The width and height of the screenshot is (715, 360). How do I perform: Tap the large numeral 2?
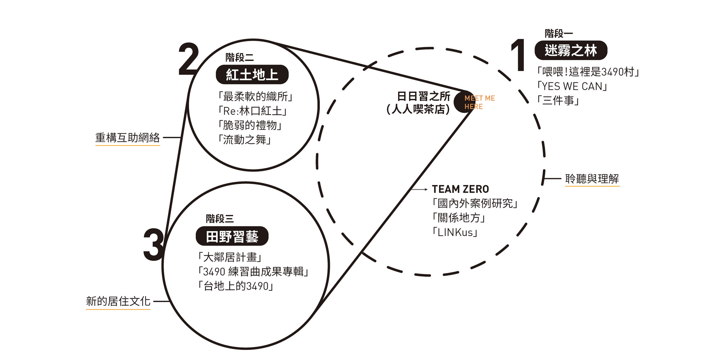(188, 59)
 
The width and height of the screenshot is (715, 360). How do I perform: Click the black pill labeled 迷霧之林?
(571, 50)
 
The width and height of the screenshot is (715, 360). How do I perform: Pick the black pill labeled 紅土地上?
(252, 75)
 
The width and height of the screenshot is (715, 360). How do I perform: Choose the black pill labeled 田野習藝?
(232, 236)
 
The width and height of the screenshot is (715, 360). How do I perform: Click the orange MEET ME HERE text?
(479, 102)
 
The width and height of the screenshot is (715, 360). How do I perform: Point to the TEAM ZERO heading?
(460, 189)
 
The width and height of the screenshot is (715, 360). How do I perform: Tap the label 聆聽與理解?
(592, 179)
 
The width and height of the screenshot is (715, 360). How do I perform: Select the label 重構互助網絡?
(127, 138)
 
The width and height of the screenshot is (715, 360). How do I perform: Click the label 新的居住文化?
(118, 301)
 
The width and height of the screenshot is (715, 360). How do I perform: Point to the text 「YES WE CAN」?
(572, 86)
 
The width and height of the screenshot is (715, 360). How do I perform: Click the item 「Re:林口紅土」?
(252, 111)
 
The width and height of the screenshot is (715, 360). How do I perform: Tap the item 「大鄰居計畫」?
(229, 257)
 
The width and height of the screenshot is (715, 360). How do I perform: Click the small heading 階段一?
(558, 33)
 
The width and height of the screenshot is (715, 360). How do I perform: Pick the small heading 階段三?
(220, 219)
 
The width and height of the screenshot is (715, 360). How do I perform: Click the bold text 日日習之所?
(423, 96)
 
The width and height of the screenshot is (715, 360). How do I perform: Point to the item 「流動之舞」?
(244, 140)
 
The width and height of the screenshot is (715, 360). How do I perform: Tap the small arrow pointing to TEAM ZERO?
(420, 189)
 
